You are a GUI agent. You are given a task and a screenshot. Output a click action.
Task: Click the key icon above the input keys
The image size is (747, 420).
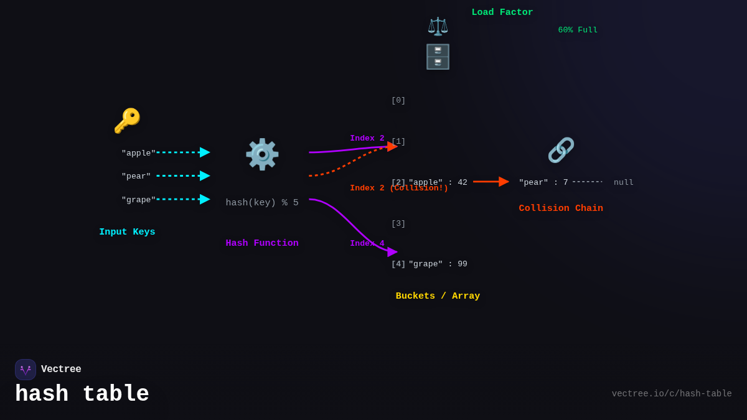[127, 121]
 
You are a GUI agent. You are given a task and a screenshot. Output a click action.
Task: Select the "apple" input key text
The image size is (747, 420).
[138, 153]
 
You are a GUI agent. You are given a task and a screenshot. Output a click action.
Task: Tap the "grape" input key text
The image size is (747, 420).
[138, 200]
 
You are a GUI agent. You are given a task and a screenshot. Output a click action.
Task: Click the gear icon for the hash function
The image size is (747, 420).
[262, 154]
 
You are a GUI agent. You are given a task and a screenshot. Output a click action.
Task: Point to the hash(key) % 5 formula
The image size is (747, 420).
[262, 203]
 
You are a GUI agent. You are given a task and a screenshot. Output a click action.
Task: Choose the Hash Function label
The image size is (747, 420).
[262, 243]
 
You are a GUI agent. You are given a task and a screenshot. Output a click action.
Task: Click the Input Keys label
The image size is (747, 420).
[127, 232]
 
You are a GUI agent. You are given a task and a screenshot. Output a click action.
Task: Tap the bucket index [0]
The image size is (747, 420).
[398, 100]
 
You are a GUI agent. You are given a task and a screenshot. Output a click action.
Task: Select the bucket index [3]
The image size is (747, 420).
[398, 223]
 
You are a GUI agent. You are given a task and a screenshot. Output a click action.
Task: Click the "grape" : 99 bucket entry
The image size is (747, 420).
[438, 264]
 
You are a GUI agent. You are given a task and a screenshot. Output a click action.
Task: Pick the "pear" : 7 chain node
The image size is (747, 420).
[543, 182]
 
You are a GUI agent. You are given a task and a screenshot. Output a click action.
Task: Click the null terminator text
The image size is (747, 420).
[624, 182]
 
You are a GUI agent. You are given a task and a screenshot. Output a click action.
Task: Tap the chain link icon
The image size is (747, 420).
[561, 150]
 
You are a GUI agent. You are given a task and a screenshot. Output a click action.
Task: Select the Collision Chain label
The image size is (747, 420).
[561, 208]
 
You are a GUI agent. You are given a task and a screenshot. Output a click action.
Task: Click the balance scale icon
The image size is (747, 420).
[438, 26]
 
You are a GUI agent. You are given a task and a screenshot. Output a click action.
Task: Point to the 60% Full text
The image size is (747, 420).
[578, 30]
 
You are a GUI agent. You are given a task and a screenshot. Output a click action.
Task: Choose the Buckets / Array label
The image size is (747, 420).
[438, 296]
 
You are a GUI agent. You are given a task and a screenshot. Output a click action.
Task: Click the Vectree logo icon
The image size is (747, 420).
[26, 370]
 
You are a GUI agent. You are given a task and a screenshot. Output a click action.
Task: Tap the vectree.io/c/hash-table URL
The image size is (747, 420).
[672, 394]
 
